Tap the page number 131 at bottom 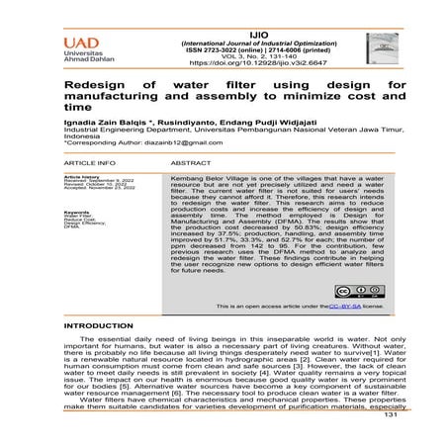(389, 441)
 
